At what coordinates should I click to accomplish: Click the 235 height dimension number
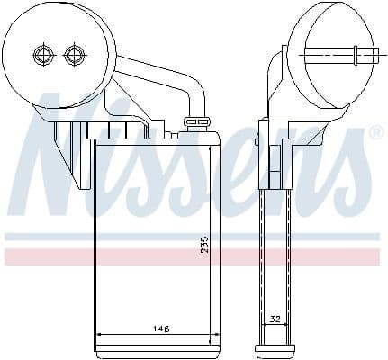click(204, 244)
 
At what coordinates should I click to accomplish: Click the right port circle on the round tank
click(74, 56)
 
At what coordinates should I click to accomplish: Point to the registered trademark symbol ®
click(376, 133)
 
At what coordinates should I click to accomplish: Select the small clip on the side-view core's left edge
click(257, 140)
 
